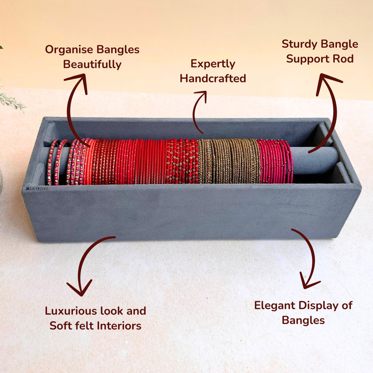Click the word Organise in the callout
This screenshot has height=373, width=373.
click(69, 50)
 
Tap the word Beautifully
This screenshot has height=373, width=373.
click(92, 64)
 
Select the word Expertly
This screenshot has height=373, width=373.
click(213, 64)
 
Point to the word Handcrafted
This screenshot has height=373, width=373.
click(213, 78)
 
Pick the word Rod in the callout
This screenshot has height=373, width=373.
click(343, 59)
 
